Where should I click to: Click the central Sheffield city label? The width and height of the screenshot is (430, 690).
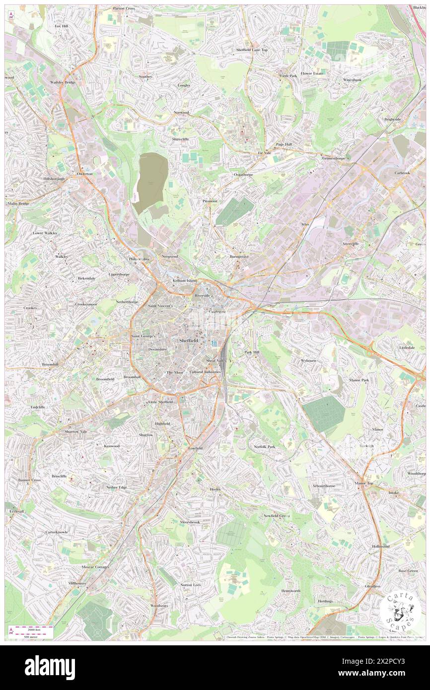click(186, 341)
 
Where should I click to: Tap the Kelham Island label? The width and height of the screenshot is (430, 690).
click(185, 280)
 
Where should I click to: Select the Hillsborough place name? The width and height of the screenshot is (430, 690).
click(54, 178)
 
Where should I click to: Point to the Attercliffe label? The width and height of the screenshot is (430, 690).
click(350, 244)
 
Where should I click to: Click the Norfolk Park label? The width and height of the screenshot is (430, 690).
click(264, 446)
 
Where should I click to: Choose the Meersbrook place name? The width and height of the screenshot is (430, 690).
click(190, 522)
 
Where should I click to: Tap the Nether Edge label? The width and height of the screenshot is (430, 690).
click(117, 487)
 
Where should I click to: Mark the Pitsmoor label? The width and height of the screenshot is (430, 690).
click(210, 201)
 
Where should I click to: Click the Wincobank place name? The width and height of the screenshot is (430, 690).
click(355, 79)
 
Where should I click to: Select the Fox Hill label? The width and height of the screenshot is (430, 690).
click(61, 25)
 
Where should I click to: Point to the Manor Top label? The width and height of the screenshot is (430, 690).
click(364, 483)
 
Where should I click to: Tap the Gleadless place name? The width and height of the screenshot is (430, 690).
click(373, 586)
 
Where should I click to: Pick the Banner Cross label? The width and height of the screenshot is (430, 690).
click(29, 480)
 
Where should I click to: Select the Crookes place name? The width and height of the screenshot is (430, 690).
click(30, 308)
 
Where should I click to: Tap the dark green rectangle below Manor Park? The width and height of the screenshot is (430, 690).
click(324, 414)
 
